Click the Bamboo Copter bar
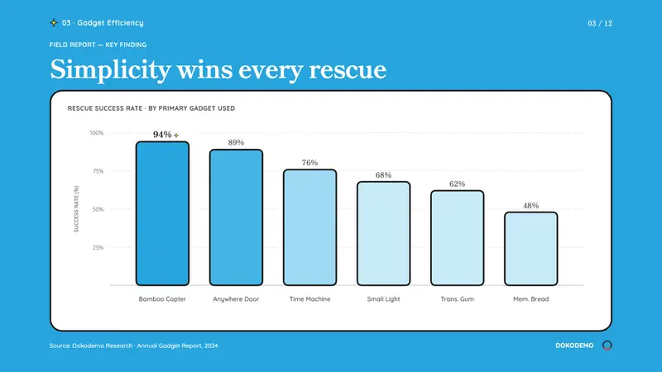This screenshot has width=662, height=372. tap(162, 213)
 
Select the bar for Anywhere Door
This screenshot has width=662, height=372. tap(236, 217)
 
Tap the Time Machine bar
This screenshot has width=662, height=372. tap(309, 227)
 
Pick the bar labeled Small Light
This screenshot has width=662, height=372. tap(383, 234)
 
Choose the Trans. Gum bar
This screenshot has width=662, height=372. tap(458, 238)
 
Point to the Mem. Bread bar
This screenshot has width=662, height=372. tap(530, 249)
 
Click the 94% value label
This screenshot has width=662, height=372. tap(162, 135)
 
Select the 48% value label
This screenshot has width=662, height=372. tap(530, 206)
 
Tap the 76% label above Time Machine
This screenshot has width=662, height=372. tap(309, 163)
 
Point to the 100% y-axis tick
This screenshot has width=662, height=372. tap(97, 133)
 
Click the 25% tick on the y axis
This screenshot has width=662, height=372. tap(98, 247)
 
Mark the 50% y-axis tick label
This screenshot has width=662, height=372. tap(98, 209)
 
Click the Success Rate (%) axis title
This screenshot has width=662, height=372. tap(76, 209)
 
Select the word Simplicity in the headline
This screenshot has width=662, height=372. tap(110, 69)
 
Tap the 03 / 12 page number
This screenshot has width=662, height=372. tap(600, 23)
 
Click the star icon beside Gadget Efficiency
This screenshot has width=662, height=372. tap(54, 23)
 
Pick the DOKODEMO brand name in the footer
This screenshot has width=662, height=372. tap(574, 346)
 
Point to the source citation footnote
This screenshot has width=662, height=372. tap(134, 346)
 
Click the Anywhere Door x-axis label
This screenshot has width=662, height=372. tap(236, 299)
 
